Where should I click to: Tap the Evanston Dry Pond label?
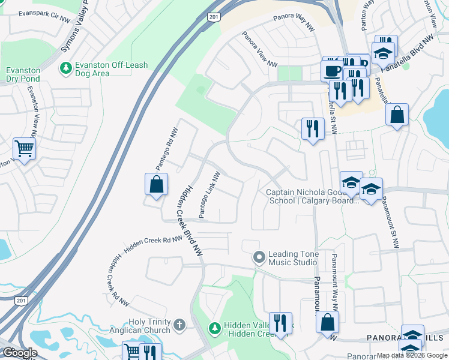pos(23,74)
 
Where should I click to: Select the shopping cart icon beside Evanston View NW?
pos(24,147)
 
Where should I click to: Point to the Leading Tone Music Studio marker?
pos(259,257)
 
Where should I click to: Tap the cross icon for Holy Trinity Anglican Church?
pos(178,325)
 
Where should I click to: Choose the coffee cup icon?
pos(331,70)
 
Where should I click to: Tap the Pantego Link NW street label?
pos(210,195)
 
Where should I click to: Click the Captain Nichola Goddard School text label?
pos(312,196)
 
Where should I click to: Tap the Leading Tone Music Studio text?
pos(292,258)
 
